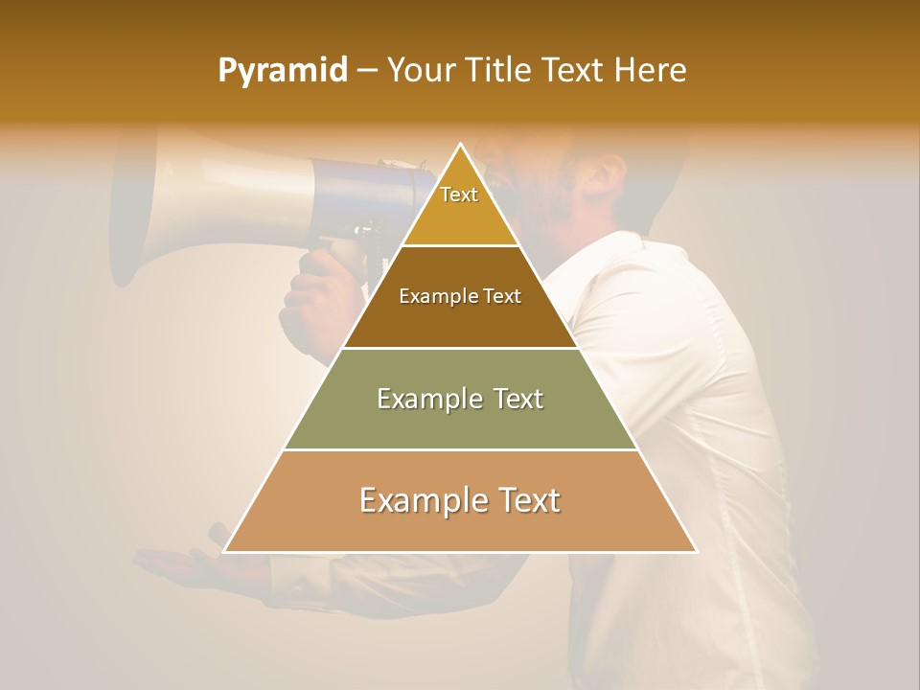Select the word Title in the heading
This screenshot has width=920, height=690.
click(499, 70)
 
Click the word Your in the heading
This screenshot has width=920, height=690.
click(422, 70)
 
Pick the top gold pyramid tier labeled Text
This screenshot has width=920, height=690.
click(460, 206)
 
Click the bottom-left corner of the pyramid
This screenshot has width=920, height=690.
click(225, 551)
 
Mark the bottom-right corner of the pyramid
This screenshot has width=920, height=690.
click(697, 551)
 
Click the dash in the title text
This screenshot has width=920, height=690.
click(366, 71)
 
